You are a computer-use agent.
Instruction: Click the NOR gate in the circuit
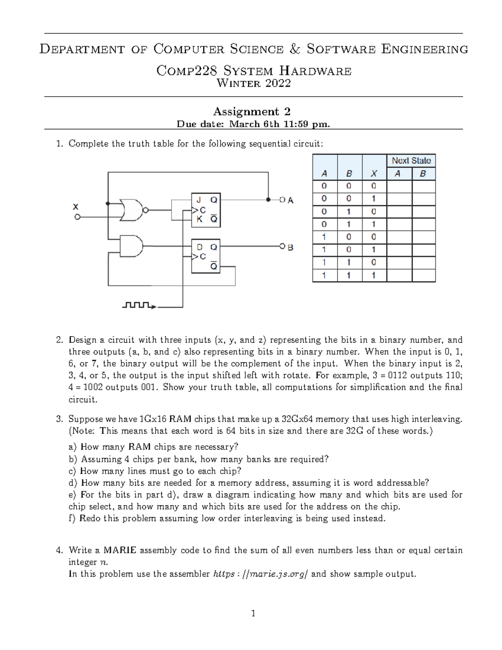[x=131, y=210]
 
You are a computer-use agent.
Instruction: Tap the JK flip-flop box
[x=206, y=210]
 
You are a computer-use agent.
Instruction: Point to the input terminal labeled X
[x=77, y=217]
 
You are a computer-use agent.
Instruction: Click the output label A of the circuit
[x=290, y=200]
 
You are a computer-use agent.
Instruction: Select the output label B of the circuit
[x=290, y=247]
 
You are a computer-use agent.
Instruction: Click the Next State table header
[x=411, y=161]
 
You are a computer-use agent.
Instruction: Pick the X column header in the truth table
[x=374, y=174]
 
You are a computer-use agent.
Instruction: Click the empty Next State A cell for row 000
[x=399, y=186]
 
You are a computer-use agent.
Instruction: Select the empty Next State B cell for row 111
[x=423, y=275]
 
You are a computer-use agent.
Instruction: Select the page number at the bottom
[x=253, y=614]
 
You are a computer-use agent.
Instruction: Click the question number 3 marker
[x=59, y=419]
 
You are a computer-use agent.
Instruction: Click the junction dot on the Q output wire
[x=268, y=200]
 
